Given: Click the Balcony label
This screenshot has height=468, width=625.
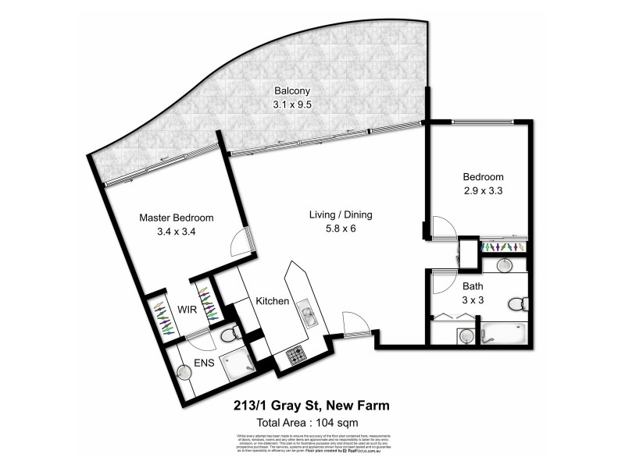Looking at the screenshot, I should coord(287,90).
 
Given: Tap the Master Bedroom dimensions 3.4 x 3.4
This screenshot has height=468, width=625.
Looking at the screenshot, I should coord(176,231).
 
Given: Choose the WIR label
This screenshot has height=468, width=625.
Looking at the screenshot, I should coord(185,310).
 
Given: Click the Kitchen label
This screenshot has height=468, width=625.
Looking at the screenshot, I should coord(273,301).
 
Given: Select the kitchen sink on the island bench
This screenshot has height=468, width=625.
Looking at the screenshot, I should coord(307,317).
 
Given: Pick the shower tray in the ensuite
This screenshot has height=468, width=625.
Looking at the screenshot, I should coord(234,366).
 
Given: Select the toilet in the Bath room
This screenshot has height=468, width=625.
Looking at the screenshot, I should coord(516,302).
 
